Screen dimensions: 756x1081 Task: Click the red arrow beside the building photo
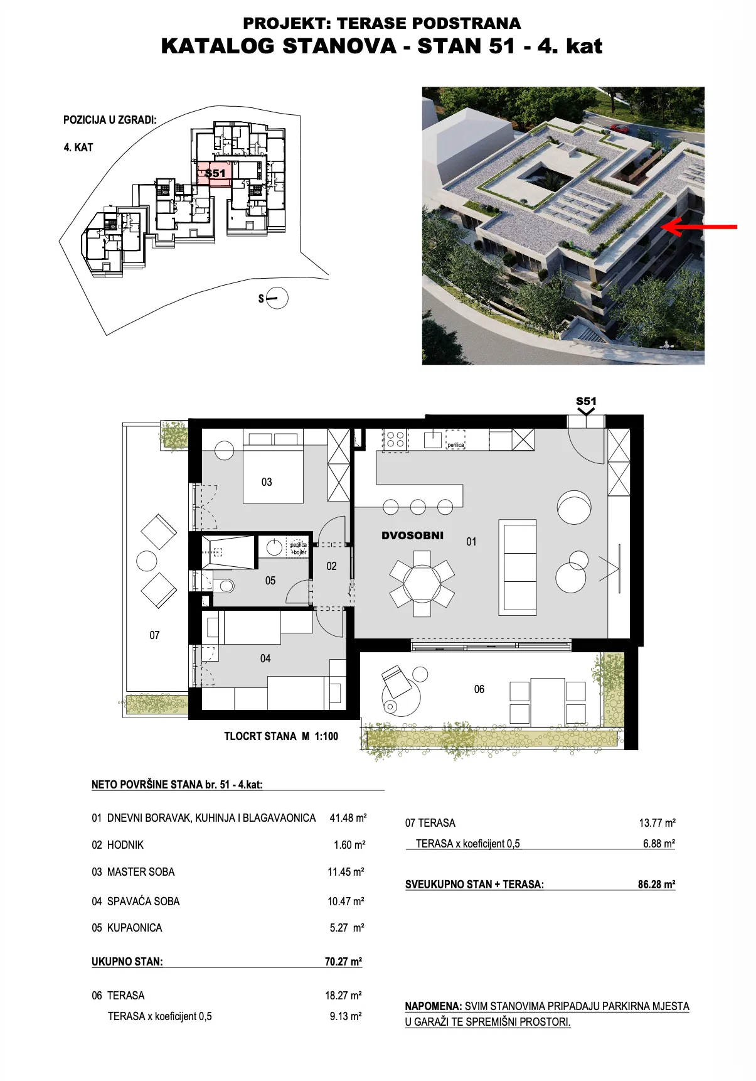(x=700, y=227)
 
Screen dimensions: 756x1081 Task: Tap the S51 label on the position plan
(x=215, y=173)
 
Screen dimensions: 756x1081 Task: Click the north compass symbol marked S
(x=274, y=298)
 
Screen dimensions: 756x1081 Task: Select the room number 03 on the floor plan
(x=267, y=482)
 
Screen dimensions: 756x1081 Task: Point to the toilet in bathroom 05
(x=223, y=586)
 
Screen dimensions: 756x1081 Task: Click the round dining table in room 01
(x=422, y=583)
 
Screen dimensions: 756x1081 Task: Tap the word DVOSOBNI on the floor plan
(x=412, y=535)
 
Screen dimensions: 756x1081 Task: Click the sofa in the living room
(x=518, y=567)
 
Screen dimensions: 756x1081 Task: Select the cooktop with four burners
(x=395, y=439)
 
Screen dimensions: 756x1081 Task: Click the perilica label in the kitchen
(x=455, y=445)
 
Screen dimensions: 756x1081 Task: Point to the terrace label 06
(x=479, y=689)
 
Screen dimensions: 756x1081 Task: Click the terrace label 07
(x=154, y=635)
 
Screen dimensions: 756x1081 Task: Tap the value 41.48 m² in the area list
(x=348, y=818)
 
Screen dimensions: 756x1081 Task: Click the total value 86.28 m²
(x=657, y=884)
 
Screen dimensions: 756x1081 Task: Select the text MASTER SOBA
(x=141, y=872)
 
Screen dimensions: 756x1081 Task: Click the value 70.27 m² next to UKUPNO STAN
(x=343, y=961)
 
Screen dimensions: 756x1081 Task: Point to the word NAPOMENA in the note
(x=434, y=1006)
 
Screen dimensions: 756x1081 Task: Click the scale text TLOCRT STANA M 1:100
(x=281, y=736)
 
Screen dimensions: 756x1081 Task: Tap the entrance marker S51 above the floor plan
(x=586, y=401)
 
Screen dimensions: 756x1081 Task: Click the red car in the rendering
(x=619, y=128)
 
